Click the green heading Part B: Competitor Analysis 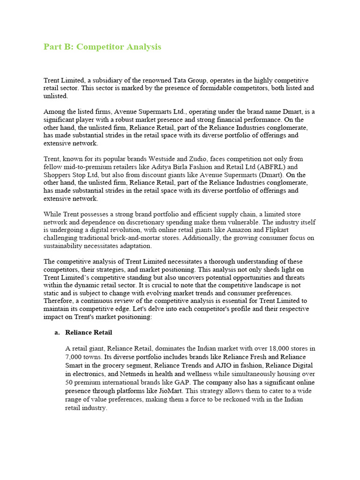[x=102, y=47]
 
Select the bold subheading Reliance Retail [x=89, y=332]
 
